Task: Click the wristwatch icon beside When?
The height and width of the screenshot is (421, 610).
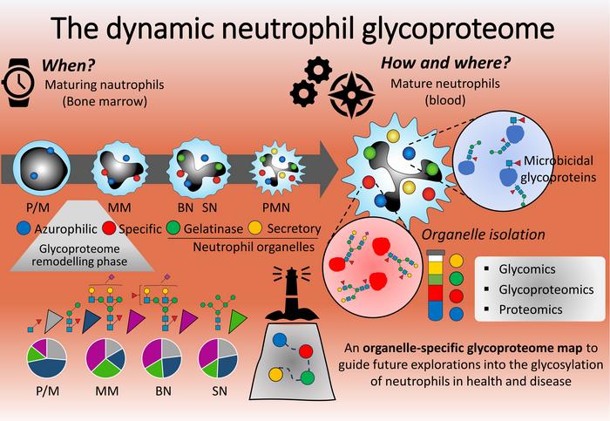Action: click(17, 83)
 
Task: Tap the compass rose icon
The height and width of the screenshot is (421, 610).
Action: click(351, 94)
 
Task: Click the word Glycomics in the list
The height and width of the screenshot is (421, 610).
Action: click(527, 269)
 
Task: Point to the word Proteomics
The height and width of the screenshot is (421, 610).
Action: click(531, 309)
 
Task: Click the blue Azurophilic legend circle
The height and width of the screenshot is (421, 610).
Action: click(24, 228)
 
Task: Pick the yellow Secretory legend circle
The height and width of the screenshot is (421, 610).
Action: click(254, 228)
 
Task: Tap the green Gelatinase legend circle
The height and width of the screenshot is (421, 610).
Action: click(173, 228)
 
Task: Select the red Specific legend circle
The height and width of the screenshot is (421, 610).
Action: click(109, 228)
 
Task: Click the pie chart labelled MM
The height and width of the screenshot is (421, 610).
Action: click(105, 358)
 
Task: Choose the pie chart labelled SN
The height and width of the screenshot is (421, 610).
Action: click(218, 358)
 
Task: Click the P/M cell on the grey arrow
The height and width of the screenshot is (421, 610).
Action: click(42, 168)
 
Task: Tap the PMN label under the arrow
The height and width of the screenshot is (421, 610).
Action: click(276, 207)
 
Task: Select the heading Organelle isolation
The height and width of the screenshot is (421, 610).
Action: click(483, 234)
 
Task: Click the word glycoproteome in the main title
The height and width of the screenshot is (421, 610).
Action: click(457, 28)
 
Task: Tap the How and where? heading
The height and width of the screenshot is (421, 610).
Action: click(445, 63)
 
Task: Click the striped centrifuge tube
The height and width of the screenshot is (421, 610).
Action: click(436, 285)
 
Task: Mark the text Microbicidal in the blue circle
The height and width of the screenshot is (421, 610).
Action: click(559, 160)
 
